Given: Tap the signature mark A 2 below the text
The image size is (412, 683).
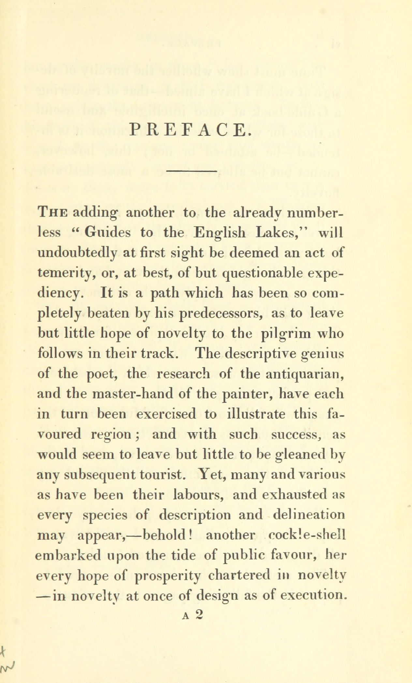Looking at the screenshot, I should coord(194,613).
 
